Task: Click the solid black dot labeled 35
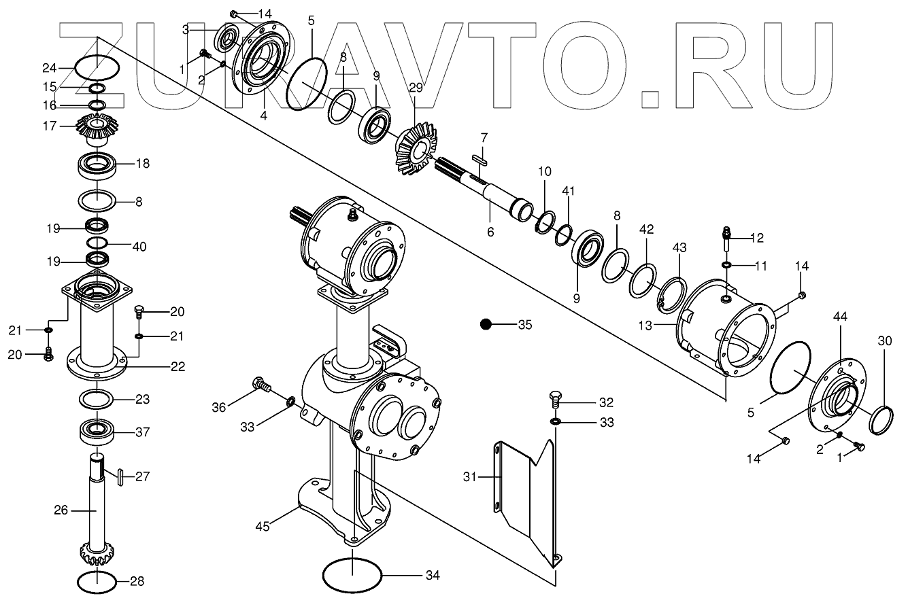tap(486, 324)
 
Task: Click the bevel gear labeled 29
tap(411, 147)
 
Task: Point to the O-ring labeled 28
tap(97, 582)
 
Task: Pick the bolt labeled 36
tap(260, 385)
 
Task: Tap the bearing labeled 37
tap(99, 432)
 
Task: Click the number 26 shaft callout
tap(61, 509)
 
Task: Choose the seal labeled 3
tap(226, 39)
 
